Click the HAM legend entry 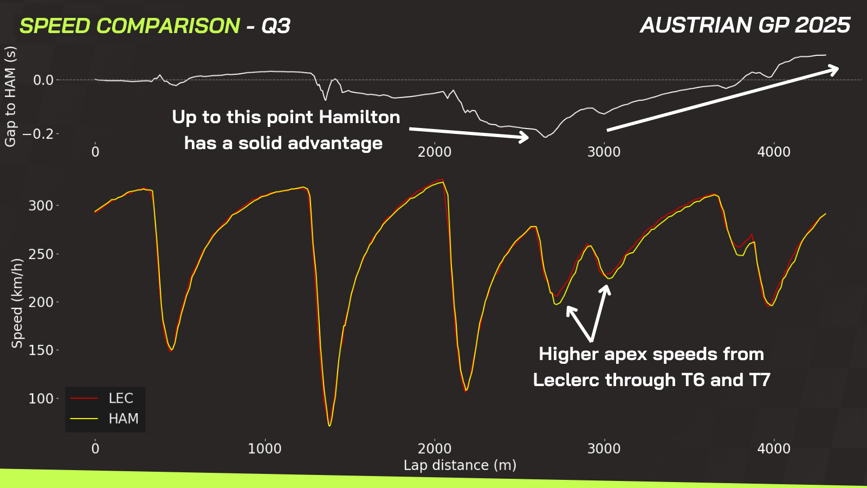104,419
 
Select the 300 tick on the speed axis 41,206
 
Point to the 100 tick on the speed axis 41,399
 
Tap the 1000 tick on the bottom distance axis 265,448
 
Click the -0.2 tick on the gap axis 38,134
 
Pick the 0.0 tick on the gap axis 43,80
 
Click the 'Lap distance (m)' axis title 460,465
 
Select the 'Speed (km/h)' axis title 17,304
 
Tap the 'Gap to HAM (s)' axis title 10,97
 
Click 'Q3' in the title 276,26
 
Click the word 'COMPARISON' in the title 167,26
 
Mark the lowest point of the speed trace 329,426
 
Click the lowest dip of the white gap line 546,137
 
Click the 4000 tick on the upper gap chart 774,152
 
